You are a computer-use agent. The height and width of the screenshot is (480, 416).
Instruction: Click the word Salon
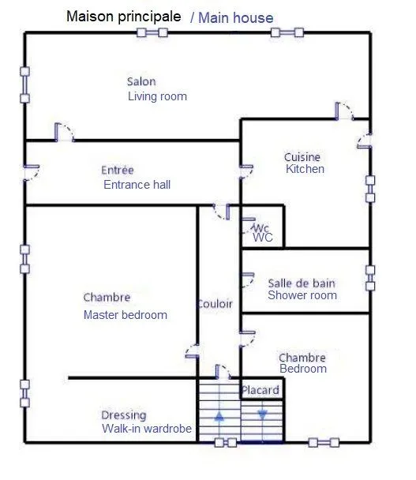(x=141, y=82)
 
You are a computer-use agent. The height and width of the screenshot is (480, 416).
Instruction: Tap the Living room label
(x=157, y=96)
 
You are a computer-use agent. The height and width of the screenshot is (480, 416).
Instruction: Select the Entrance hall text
(x=137, y=185)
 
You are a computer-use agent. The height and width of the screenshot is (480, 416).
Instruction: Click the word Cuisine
(x=302, y=157)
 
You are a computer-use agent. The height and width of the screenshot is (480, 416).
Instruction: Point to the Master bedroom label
(x=126, y=315)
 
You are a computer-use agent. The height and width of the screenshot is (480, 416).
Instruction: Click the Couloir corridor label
(x=215, y=304)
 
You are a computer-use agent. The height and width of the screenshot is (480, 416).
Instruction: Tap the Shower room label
(x=302, y=295)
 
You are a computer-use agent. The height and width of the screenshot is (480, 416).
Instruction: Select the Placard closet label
(x=260, y=390)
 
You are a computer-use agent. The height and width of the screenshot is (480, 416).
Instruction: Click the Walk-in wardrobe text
(x=147, y=429)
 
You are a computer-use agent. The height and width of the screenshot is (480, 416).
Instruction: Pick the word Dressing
(x=124, y=415)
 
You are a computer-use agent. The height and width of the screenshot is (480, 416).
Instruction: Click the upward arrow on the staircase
(x=219, y=417)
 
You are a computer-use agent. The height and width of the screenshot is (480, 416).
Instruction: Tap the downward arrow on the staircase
(x=262, y=414)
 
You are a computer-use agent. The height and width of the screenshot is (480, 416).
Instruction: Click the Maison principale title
(x=124, y=17)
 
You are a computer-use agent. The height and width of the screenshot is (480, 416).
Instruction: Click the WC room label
(x=263, y=238)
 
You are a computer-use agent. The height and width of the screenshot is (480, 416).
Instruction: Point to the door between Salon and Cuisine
(x=344, y=111)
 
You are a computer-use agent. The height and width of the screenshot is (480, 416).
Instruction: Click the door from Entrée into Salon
(x=65, y=132)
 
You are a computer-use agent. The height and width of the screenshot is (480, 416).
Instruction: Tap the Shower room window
(x=370, y=278)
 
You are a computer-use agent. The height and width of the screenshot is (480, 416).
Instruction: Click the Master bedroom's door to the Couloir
(x=193, y=351)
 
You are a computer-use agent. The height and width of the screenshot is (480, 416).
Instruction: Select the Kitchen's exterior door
(x=365, y=141)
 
